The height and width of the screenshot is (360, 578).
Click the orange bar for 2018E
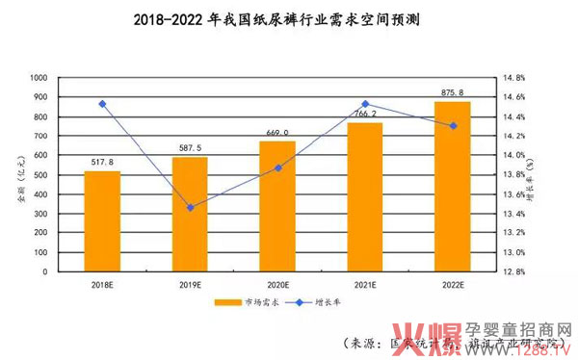(102, 220)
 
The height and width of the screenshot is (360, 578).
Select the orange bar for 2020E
(277, 206)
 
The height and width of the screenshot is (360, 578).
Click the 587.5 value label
(190, 149)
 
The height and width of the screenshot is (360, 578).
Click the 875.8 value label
(453, 93)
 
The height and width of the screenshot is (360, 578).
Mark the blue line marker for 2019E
(190, 207)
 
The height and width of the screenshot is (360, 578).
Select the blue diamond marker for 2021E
(365, 104)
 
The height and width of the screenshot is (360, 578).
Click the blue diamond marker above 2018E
(102, 104)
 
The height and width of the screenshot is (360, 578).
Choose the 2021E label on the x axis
(365, 283)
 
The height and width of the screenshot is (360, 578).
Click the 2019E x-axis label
(190, 283)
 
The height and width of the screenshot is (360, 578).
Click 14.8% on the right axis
(513, 77)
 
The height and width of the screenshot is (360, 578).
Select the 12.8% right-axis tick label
(513, 271)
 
